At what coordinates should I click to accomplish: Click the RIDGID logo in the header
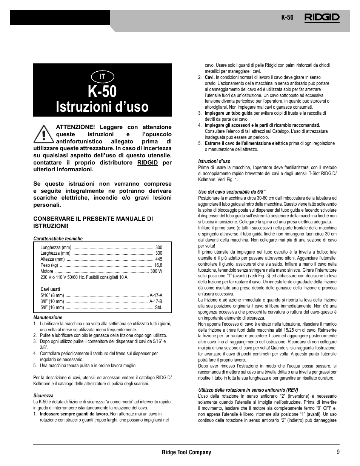tap(322, 17)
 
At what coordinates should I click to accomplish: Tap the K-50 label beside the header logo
tap(287, 18)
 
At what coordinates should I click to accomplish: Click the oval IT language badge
tap(102, 76)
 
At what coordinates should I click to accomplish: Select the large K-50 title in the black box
tap(102, 92)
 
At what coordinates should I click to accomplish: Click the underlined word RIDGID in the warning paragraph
tap(148, 162)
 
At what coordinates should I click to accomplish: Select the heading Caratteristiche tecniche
tap(58, 238)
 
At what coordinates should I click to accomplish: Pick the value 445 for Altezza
tap(158, 259)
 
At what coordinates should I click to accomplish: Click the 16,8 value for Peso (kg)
tap(158, 265)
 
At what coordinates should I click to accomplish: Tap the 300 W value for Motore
tap(156, 271)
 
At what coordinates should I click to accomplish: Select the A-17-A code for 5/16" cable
tap(156, 295)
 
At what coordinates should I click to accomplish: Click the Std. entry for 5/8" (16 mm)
tap(158, 308)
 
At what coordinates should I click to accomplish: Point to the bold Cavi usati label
tap(50, 289)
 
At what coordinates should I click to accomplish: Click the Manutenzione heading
tap(48, 318)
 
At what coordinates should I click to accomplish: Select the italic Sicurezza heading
tap(43, 396)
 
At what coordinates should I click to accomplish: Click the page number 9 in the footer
tap(337, 452)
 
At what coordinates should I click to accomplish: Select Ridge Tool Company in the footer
tap(186, 452)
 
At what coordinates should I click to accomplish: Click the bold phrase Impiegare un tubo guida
tap(228, 113)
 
